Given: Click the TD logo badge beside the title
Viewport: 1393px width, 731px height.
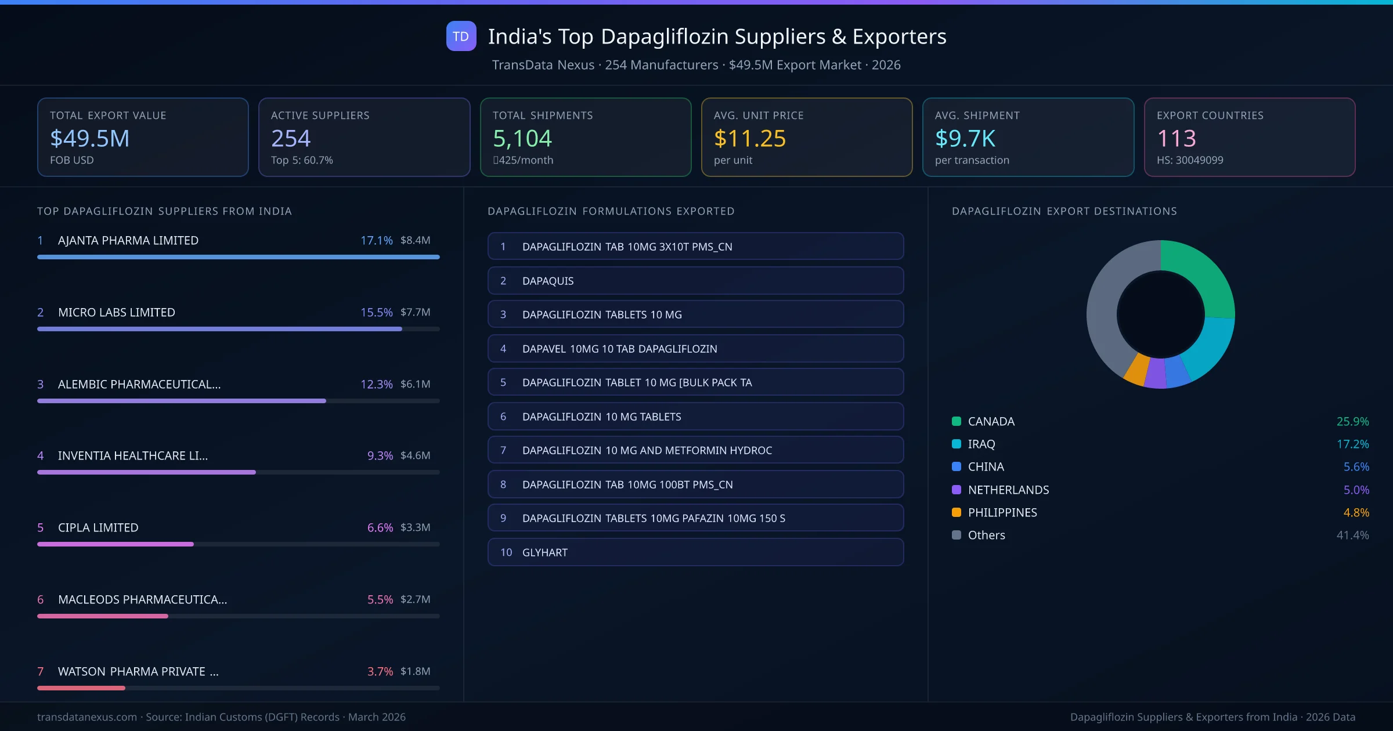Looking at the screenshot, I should [461, 36].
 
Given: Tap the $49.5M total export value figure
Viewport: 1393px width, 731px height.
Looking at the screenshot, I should [89, 138].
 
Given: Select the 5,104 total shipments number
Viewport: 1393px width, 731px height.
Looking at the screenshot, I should [522, 138].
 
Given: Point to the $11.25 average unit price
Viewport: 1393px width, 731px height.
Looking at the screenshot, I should [749, 138].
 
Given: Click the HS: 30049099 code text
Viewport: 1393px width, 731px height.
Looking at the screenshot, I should [1189, 160].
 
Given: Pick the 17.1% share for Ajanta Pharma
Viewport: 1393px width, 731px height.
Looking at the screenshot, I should [376, 240].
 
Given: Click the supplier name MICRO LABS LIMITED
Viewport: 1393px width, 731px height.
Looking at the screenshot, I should [116, 312].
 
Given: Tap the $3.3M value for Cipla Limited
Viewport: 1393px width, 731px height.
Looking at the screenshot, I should [415, 527].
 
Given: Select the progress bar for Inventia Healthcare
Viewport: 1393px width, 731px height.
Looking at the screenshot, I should [146, 472].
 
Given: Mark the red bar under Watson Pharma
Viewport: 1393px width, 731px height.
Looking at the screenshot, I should [81, 688].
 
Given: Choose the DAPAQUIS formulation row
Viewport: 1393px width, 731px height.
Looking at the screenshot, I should [695, 281].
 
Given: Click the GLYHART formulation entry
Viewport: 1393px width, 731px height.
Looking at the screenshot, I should [695, 552].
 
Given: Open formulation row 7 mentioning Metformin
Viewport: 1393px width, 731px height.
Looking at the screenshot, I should [695, 450].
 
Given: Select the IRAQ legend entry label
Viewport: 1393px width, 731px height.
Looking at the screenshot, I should [981, 444].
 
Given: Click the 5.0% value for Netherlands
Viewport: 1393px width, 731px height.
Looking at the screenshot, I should [1356, 490].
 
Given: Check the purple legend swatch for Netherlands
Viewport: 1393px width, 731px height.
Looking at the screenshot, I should [957, 490].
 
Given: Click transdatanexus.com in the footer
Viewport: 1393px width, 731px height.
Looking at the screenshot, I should [87, 717].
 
